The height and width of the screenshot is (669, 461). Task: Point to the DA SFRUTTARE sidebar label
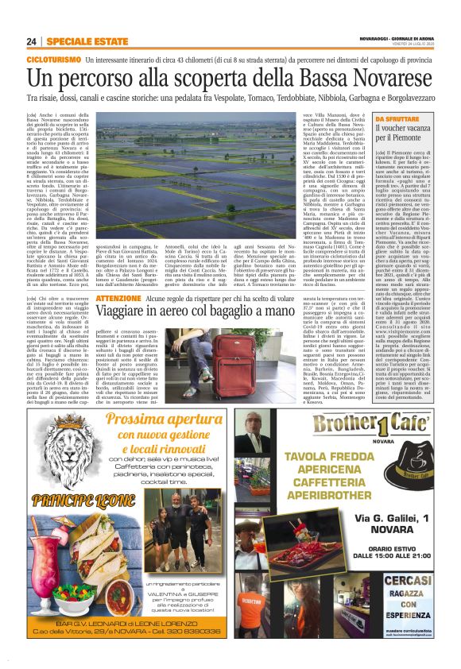(396, 118)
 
